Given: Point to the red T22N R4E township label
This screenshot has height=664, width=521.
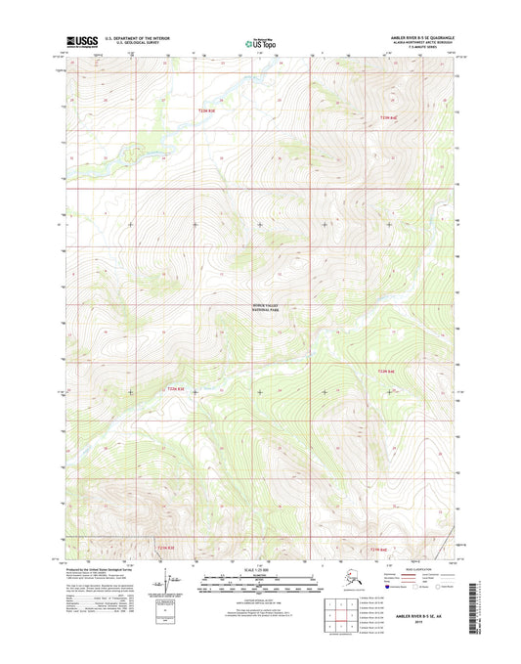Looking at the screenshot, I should click(x=389, y=118).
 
